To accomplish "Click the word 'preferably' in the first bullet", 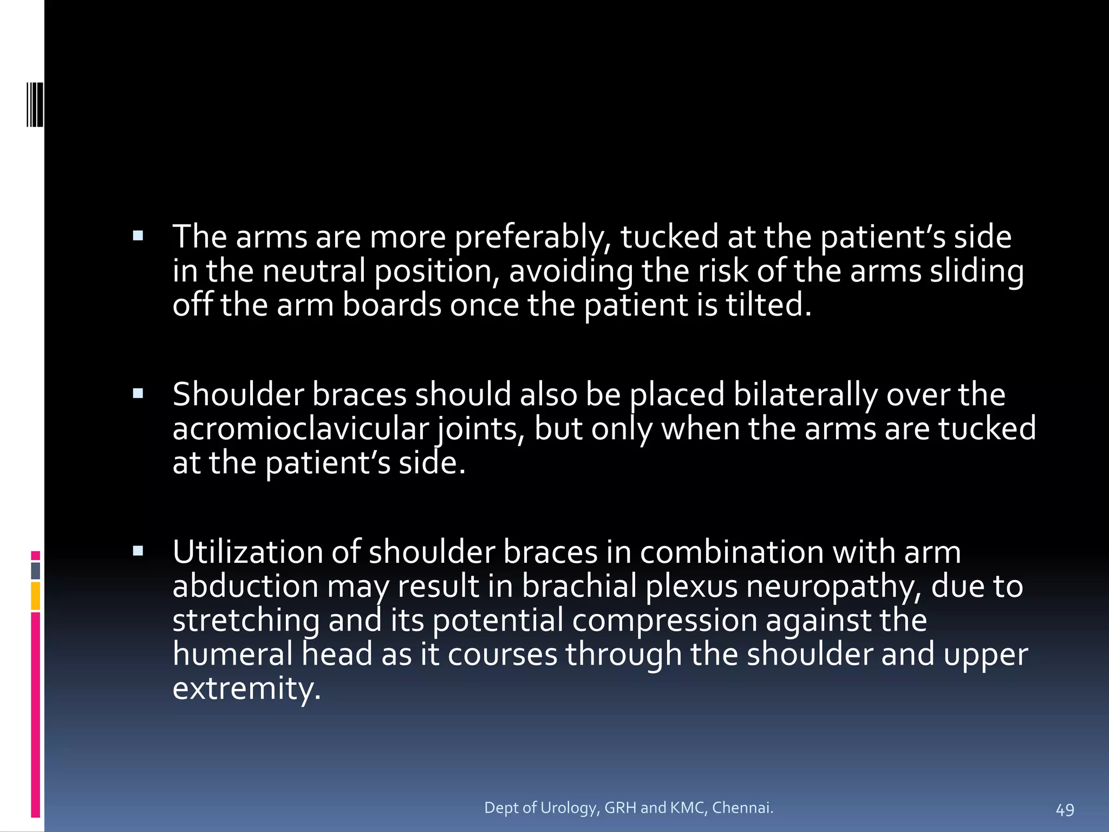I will (532, 238).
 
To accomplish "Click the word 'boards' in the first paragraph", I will (392, 305).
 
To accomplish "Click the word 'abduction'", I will (245, 587).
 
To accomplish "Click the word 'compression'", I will (664, 621).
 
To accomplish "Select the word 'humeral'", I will (232, 654).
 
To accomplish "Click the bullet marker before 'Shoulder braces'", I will (138, 394).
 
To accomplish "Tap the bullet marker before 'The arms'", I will (138, 236).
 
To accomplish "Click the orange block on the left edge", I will (36, 595).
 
